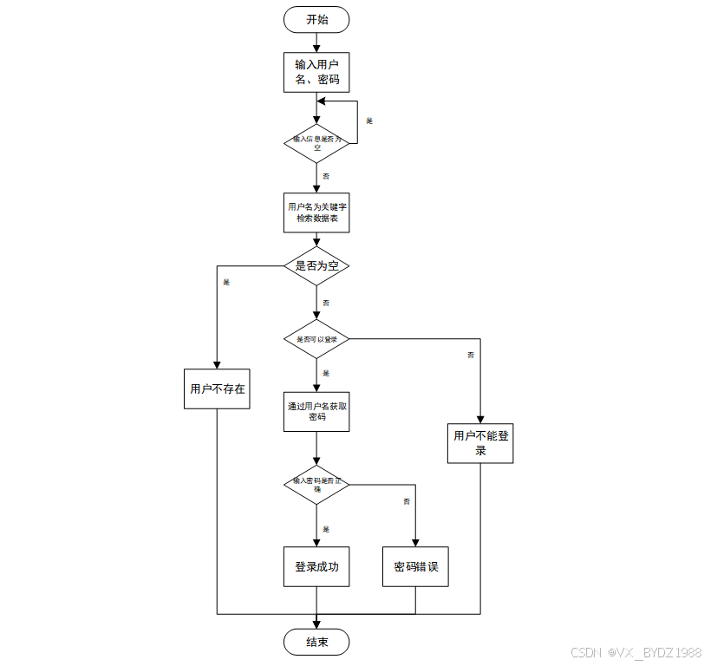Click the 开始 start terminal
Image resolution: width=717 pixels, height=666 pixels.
tap(316, 19)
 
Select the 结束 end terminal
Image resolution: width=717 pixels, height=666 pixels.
tap(316, 642)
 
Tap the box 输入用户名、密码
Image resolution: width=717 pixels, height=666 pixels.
tap(316, 73)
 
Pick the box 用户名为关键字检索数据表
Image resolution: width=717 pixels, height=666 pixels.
tap(316, 213)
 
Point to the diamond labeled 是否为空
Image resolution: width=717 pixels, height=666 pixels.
tap(316, 266)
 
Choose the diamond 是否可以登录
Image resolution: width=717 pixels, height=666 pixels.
tap(316, 339)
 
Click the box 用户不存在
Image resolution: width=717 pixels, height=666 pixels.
tap(218, 388)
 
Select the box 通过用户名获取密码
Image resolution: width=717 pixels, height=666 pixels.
tap(316, 410)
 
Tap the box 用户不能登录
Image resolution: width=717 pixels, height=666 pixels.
tap(480, 442)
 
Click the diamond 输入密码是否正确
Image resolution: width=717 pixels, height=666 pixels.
tap(316, 486)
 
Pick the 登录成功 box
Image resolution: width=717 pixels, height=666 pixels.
tap(316, 567)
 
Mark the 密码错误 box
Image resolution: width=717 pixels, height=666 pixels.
tap(416, 567)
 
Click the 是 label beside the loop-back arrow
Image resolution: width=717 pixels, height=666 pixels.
tap(369, 121)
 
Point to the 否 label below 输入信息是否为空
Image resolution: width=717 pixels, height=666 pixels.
tap(326, 176)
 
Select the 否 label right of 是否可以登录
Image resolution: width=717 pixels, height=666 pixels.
tap(471, 355)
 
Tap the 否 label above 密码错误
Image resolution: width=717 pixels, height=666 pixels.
tap(406, 502)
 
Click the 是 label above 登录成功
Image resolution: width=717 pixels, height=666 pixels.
tap(326, 529)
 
